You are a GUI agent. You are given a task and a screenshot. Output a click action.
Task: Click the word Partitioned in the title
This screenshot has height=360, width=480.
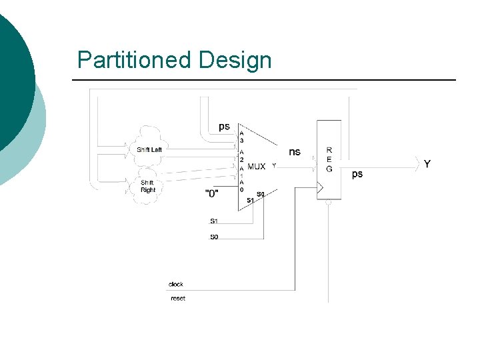coord(134,60)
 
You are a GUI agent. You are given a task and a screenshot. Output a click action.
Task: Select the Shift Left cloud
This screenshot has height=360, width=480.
coord(149,149)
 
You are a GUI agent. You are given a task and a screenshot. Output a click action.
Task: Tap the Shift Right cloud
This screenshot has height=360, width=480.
coord(147,186)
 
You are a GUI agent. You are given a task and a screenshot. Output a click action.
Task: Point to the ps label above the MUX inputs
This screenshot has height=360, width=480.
coord(225,126)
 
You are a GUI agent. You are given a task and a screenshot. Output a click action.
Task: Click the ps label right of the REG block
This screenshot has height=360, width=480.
coord(357,173)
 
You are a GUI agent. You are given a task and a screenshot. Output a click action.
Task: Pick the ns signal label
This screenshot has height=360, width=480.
coord(295,151)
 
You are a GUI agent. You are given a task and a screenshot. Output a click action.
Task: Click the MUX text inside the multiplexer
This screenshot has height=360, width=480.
coord(257,166)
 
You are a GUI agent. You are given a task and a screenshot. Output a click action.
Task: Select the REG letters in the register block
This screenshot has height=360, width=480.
coord(329,159)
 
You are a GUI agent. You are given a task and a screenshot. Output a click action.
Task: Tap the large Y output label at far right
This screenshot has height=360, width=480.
coord(427,164)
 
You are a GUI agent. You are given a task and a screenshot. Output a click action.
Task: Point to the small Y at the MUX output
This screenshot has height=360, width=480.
coord(274,165)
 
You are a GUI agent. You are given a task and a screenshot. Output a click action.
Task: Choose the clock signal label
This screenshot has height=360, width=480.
coord(176,284)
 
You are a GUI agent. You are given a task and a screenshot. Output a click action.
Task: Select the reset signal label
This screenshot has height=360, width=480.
coord(178,298)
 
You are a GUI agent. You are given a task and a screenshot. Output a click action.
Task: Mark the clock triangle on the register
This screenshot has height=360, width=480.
coord(320,189)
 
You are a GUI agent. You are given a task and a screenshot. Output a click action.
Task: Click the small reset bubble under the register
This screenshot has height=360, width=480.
coord(329,202)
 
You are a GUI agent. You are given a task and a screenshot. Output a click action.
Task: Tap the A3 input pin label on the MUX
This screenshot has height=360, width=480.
coord(241,137)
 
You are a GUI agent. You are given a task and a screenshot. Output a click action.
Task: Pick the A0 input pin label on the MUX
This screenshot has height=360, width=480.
coord(241,185)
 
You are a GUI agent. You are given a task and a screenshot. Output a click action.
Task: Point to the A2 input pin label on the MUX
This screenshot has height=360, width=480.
coord(241,155)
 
